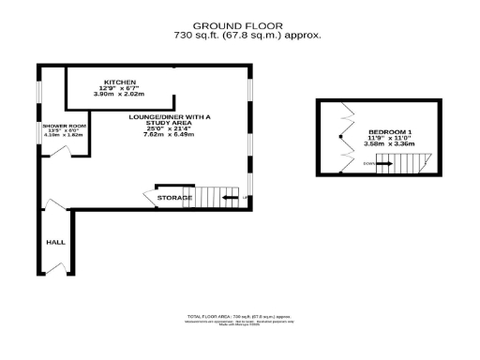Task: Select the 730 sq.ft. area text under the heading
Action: point(247,36)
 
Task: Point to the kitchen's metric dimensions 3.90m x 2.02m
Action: point(120,94)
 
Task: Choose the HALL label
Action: point(55,242)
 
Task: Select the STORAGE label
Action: point(175,198)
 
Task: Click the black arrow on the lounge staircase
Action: point(229,198)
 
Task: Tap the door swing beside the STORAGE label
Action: point(149,198)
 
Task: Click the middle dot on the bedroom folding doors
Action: point(340,139)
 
